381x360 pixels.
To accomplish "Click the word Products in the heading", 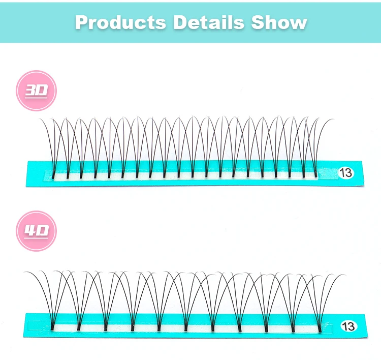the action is point(120,22).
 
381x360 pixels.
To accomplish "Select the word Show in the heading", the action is point(276,22).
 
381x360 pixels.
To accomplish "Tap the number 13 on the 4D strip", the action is point(348,325).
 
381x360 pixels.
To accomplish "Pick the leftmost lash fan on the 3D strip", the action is point(54,153).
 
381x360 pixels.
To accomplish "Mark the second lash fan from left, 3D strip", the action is point(68,153).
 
